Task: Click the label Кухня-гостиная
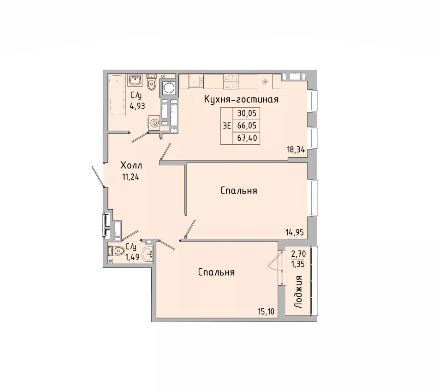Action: click(241, 100)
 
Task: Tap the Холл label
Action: click(131, 165)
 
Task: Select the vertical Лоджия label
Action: click(298, 292)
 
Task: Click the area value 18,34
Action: click(296, 149)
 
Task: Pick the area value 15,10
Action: click(266, 311)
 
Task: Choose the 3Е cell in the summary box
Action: click(226, 126)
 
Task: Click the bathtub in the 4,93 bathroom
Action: click(117, 95)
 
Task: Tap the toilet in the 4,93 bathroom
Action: click(151, 82)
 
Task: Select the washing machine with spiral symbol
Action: click(154, 123)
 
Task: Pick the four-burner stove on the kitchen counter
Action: click(231, 82)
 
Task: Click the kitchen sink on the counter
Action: click(196, 81)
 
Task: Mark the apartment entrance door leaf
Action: click(98, 176)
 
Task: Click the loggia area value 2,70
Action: click(298, 254)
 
